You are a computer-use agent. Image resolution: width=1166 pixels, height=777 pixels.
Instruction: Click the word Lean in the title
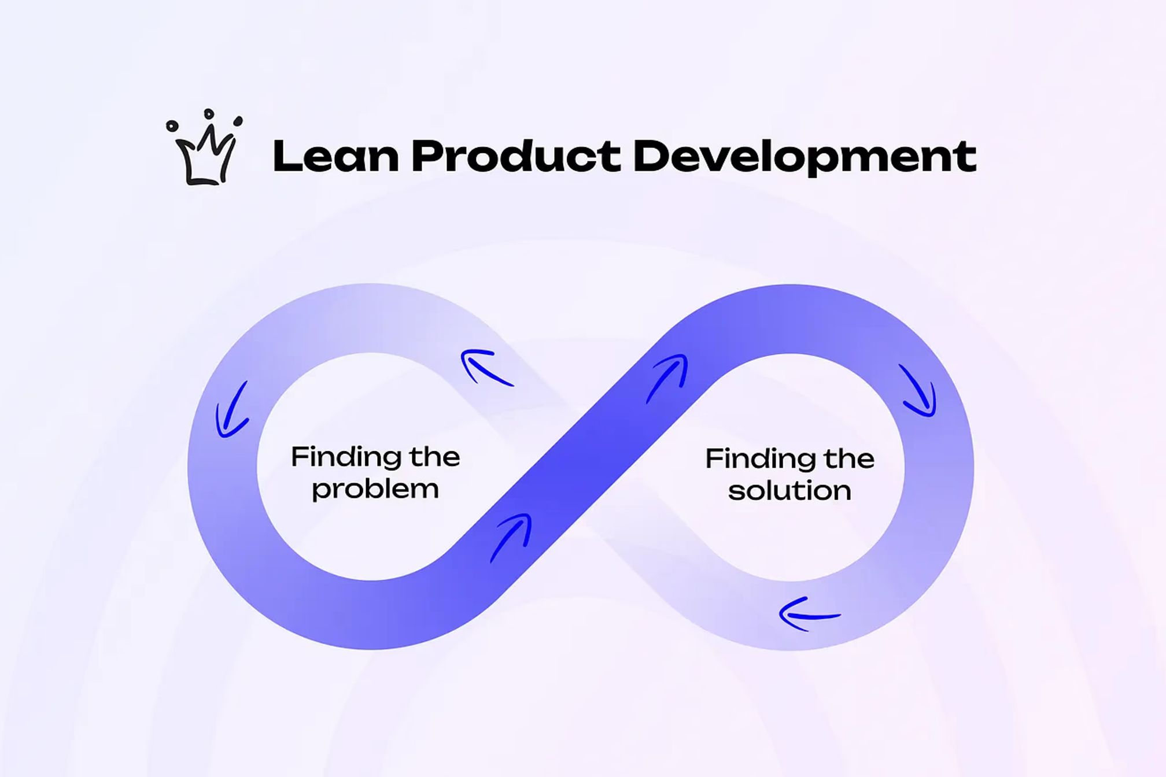coord(335,157)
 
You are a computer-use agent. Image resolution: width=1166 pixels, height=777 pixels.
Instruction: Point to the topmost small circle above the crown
coord(209,113)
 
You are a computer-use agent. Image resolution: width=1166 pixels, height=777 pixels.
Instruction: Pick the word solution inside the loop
coord(789,491)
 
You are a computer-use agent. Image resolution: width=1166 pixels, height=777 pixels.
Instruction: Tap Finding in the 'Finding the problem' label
coord(345,457)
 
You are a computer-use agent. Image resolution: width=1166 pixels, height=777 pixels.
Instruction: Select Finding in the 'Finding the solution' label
coord(759,459)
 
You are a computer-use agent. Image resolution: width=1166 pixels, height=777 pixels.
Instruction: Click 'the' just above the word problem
coord(435,457)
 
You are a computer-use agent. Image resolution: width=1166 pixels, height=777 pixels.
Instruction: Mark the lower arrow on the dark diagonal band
coord(512,536)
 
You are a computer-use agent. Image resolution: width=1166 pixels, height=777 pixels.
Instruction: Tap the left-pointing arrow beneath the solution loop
coord(809,614)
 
